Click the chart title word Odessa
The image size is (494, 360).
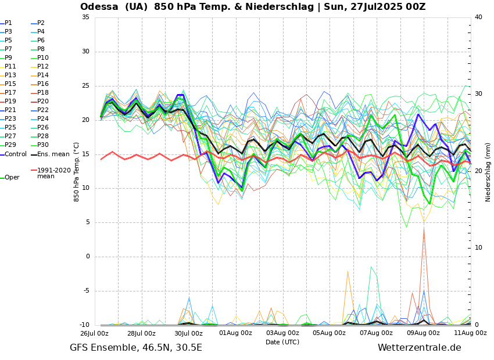click(x=99, y=7)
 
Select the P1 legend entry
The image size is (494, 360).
click(x=8, y=23)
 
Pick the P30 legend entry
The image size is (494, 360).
click(x=43, y=145)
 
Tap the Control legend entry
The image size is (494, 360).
click(x=16, y=154)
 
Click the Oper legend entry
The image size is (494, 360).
click(x=12, y=178)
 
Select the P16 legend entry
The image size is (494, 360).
click(x=43, y=84)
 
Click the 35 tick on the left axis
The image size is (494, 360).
click(x=85, y=17)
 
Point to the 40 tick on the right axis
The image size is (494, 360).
click(x=478, y=17)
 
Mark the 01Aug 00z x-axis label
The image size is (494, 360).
click(x=235, y=333)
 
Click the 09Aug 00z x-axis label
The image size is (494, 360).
click(x=423, y=333)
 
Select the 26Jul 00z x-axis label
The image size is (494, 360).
click(x=94, y=333)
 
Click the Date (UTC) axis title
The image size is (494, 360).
click(x=282, y=342)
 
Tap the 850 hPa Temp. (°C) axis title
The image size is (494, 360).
click(x=77, y=171)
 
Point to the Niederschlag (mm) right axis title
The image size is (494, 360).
click(x=488, y=172)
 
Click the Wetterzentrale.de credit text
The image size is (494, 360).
click(x=419, y=348)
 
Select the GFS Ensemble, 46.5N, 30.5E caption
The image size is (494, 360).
click(x=136, y=348)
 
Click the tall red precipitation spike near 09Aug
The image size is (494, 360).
click(x=424, y=232)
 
